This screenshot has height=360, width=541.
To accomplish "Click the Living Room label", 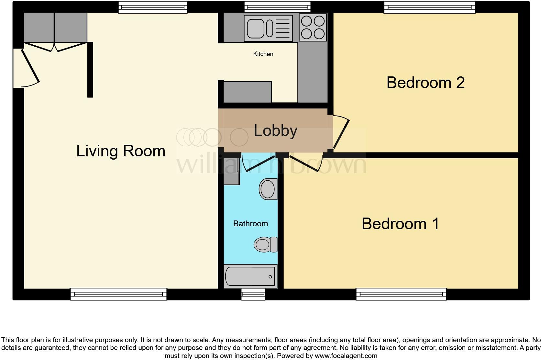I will (x=121, y=151).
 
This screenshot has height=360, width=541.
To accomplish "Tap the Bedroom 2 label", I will (x=425, y=83).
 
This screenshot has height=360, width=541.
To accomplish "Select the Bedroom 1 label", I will (x=400, y=224).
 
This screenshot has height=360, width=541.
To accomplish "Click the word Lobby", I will (x=275, y=131).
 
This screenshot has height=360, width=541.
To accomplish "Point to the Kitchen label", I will (x=263, y=54).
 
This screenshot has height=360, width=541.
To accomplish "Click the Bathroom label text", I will (x=250, y=224).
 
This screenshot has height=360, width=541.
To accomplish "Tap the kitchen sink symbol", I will (x=268, y=28).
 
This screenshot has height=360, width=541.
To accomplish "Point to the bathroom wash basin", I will (x=268, y=189).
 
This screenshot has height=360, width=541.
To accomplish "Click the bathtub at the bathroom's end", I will (x=250, y=277).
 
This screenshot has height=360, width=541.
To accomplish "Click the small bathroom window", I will (x=253, y=294).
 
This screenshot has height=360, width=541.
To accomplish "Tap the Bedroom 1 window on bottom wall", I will (x=401, y=294).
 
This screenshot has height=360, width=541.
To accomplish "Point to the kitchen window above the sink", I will (x=277, y=6).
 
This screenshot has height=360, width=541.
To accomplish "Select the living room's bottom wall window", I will (x=118, y=294).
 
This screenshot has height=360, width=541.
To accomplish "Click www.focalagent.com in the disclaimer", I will (x=346, y=356).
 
